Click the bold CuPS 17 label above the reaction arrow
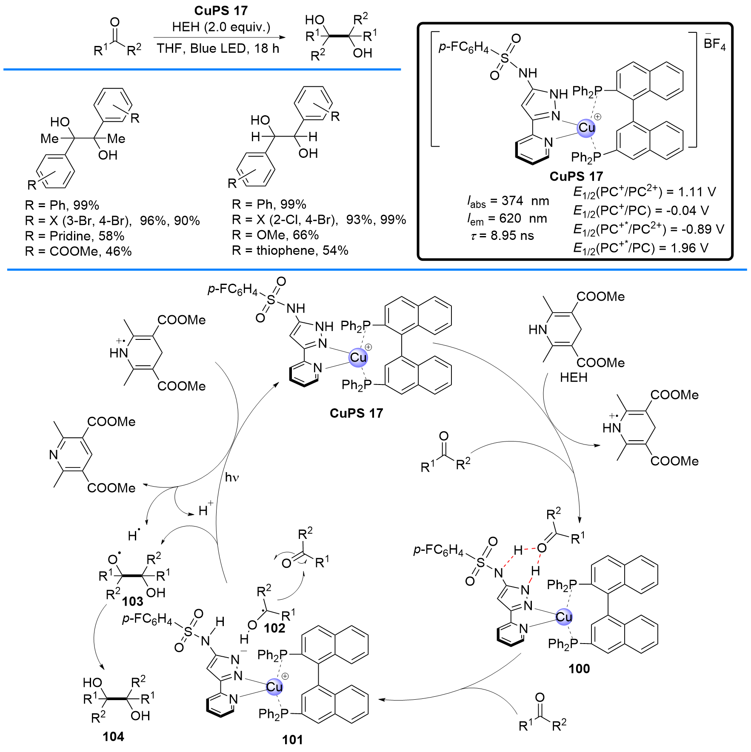(x=221, y=11)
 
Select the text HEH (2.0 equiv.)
(x=221, y=27)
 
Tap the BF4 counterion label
(x=714, y=44)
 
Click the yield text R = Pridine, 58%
(x=74, y=236)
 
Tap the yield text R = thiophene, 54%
(x=290, y=251)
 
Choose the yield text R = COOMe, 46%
(x=78, y=251)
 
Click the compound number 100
(x=579, y=669)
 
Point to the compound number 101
(x=292, y=740)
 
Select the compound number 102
(x=274, y=628)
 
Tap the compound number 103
(x=132, y=601)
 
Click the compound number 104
(x=113, y=736)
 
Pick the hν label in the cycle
(x=232, y=478)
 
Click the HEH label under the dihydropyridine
(x=574, y=377)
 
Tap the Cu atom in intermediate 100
(x=564, y=617)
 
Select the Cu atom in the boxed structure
(x=586, y=128)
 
